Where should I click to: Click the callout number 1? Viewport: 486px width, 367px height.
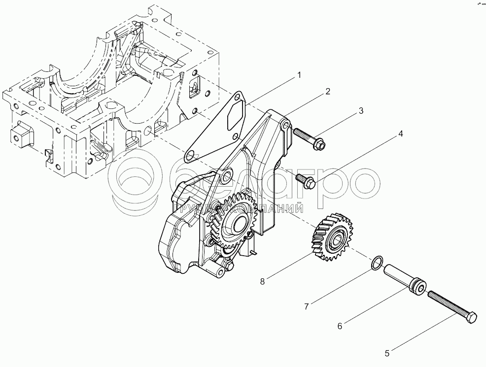click(x=298, y=75)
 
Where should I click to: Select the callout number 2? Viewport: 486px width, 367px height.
click(x=327, y=92)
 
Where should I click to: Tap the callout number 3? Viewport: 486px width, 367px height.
click(x=361, y=110)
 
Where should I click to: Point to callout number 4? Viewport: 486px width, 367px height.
click(x=401, y=133)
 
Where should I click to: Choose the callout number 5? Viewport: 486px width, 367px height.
click(x=387, y=353)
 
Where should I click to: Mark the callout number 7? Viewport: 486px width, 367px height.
click(x=306, y=306)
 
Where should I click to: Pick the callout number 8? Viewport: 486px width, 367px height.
click(x=263, y=282)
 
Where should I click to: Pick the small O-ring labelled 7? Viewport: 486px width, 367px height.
click(x=376, y=264)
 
